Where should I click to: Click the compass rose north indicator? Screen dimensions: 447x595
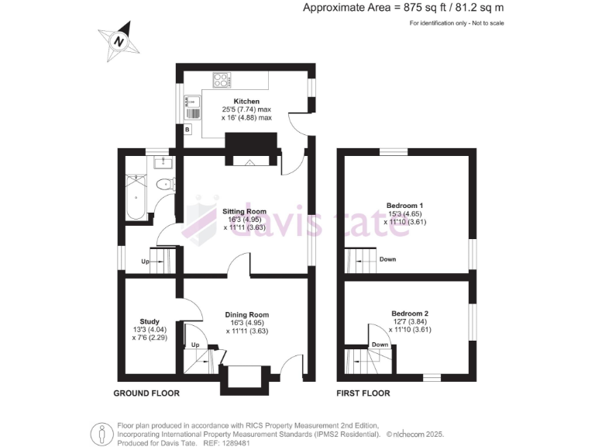119,40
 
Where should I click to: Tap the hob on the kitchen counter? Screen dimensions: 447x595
221,78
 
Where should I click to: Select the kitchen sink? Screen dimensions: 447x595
189,108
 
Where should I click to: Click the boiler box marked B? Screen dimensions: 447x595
187,129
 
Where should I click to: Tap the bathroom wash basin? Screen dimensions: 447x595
163,161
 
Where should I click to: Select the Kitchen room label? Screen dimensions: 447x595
247,101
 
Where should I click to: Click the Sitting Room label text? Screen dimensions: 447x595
245,211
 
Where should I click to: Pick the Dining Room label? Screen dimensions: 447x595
247,314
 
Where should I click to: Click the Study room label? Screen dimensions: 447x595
150,321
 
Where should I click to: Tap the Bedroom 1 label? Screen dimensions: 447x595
405,206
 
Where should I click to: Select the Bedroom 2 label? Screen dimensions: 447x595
410,314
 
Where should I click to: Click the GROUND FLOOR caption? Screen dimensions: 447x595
146,393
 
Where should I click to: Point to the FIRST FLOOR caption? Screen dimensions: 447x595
363,393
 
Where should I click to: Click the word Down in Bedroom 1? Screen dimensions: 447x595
387,259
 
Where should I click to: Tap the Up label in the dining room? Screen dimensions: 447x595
194,344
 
